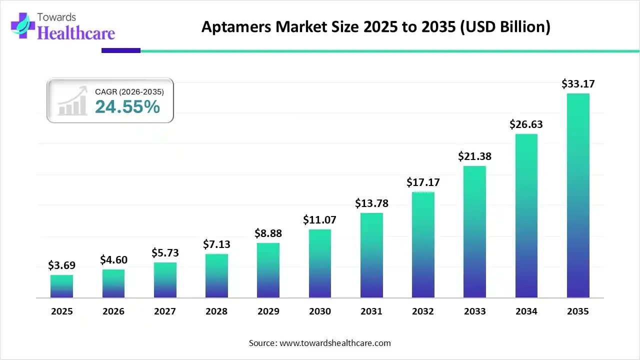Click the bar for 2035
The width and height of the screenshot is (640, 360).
[x=578, y=195]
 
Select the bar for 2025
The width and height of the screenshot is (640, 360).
[x=61, y=286]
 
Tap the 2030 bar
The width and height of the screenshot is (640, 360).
[x=320, y=263]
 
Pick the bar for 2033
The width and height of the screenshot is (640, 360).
[x=474, y=231]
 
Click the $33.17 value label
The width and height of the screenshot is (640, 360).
[x=578, y=83]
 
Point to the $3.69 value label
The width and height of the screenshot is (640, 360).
[x=61, y=265]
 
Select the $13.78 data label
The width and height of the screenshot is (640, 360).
[x=371, y=203]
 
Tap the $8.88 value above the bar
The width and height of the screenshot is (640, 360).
[x=268, y=233]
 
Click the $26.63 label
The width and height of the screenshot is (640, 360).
[x=526, y=124]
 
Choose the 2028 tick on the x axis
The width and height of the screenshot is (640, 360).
[x=216, y=311]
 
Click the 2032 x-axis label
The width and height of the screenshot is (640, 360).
[x=423, y=311]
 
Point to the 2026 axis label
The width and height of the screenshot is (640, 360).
[x=113, y=311]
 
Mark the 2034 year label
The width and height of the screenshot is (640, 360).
[x=526, y=311]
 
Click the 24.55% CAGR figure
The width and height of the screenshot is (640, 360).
[x=127, y=106]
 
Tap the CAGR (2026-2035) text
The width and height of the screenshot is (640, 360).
[x=129, y=91]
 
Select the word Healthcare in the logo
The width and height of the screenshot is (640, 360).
[x=76, y=33]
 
